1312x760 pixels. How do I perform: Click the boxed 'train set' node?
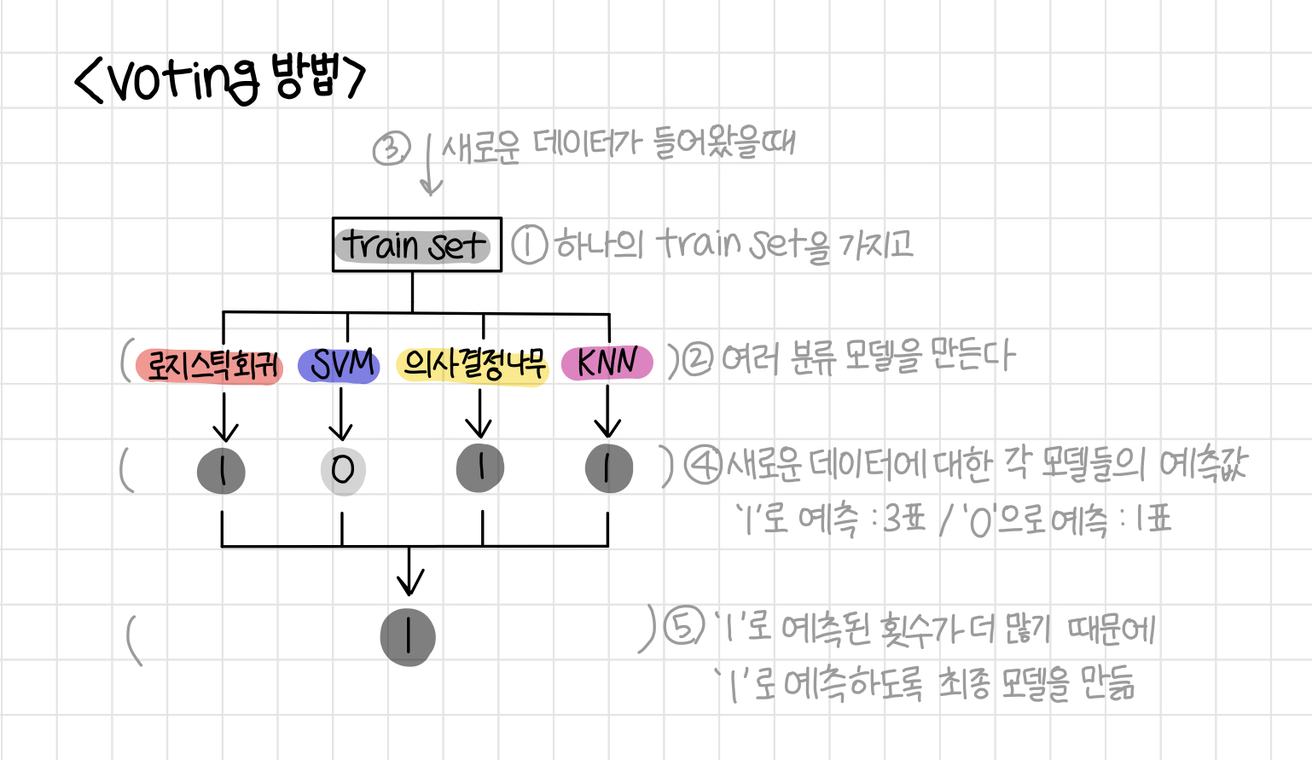point(416,245)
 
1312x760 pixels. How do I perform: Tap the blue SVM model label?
point(340,365)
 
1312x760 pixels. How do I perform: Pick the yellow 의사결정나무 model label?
point(473,365)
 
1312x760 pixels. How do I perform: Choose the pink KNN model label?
point(607,363)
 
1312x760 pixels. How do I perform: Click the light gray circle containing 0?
point(343,470)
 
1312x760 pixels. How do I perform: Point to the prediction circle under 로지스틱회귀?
point(222,470)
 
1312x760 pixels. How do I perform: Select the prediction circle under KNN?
point(608,468)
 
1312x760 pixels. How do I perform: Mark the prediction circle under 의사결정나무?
point(480,467)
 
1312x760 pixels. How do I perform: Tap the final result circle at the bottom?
point(408,636)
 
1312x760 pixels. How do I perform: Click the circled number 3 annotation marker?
point(392,149)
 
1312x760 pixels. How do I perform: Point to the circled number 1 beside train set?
point(530,246)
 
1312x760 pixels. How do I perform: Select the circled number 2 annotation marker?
point(698,359)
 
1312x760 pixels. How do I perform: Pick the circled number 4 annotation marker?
point(705,466)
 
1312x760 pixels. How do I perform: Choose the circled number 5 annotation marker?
point(683,629)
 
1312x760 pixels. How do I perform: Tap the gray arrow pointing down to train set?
point(431,166)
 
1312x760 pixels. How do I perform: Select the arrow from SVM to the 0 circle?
point(341,414)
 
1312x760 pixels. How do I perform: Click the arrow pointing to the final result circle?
point(409,571)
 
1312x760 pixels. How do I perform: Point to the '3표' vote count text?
point(904,518)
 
